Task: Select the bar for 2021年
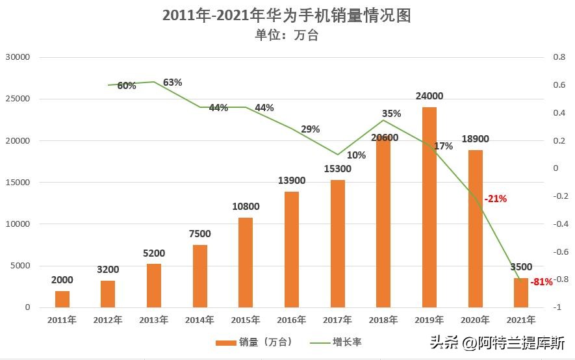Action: [521, 292]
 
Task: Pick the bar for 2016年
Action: [292, 249]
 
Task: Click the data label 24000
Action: [429, 96]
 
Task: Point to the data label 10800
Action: [246, 207]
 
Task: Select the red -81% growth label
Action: [541, 282]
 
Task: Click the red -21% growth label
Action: [495, 199]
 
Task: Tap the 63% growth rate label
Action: [172, 83]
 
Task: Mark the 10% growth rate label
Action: [356, 155]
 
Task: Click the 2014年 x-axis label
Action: [199, 320]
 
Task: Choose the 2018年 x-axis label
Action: [383, 320]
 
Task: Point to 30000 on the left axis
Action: [18, 57]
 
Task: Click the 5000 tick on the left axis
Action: [21, 266]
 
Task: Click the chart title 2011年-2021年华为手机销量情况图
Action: [287, 16]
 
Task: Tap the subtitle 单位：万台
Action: [287, 35]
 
